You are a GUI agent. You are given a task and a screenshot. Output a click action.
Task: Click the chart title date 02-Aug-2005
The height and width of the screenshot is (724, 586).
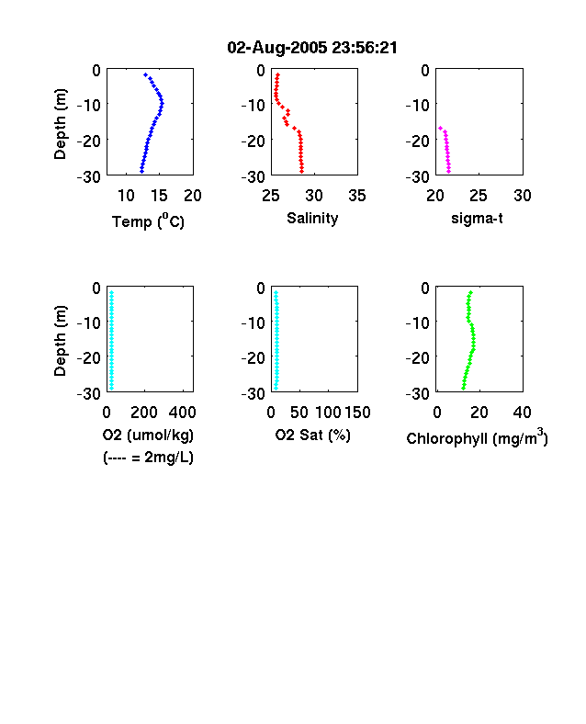pos(277,48)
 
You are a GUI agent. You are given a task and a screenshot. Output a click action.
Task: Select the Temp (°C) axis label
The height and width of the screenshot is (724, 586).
pos(148,221)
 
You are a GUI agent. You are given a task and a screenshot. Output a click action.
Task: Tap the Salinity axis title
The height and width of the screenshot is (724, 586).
pos(312,218)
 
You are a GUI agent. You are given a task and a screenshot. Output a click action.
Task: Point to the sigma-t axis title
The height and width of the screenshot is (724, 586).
pos(477,218)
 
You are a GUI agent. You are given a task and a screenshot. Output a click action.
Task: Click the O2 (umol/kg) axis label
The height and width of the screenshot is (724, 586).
pos(148,435)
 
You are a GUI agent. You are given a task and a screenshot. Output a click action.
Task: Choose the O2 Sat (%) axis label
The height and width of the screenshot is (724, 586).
pos(313,435)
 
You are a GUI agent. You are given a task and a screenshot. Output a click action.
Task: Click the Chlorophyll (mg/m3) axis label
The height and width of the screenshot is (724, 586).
pos(477,437)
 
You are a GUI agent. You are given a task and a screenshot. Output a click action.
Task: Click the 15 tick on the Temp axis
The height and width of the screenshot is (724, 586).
pos(159,196)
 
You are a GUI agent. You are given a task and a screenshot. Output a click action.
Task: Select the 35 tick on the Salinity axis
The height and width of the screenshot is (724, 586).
pos(357,196)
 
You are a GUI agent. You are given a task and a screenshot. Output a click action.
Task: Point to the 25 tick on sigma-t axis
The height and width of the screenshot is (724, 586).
pos(479,196)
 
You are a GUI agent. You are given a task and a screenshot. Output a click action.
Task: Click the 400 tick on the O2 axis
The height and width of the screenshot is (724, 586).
pos(182,413)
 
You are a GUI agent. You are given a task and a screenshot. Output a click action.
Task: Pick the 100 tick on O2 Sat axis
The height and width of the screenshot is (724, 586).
pos(328,413)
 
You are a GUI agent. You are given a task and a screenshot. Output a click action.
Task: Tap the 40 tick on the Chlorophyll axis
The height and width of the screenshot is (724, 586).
pos(522,413)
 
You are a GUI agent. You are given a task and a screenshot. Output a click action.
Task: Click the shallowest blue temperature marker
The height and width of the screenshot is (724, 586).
pos(145,74)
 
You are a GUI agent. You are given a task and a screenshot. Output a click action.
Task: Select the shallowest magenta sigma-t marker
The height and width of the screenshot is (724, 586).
pos(440,128)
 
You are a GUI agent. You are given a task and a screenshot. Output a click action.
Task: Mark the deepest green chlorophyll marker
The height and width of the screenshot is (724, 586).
pos(463,389)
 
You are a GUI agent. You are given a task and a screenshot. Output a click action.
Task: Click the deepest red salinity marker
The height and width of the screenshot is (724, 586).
pos(302,171)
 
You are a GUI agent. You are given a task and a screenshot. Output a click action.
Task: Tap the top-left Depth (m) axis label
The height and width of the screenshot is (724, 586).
pos(60,124)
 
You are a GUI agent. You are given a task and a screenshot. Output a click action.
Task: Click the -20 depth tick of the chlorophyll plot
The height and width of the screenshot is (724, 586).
pos(418,357)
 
